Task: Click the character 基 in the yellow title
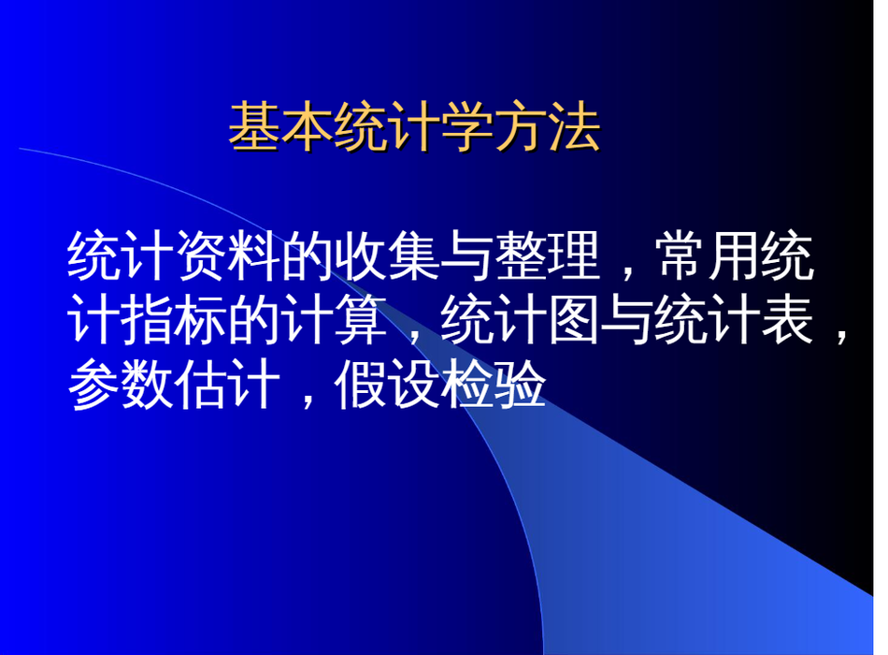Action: [x=254, y=126]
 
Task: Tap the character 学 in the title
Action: [x=466, y=126]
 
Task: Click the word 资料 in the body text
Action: [x=228, y=256]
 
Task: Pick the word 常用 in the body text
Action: [x=709, y=256]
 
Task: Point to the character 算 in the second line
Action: [x=361, y=321]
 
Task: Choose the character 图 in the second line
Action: [x=574, y=321]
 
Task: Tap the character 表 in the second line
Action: [x=787, y=321]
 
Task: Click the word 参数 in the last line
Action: [x=121, y=386]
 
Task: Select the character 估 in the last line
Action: [x=200, y=386]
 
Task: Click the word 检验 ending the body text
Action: [x=494, y=386]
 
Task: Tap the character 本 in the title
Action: [x=308, y=126]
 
